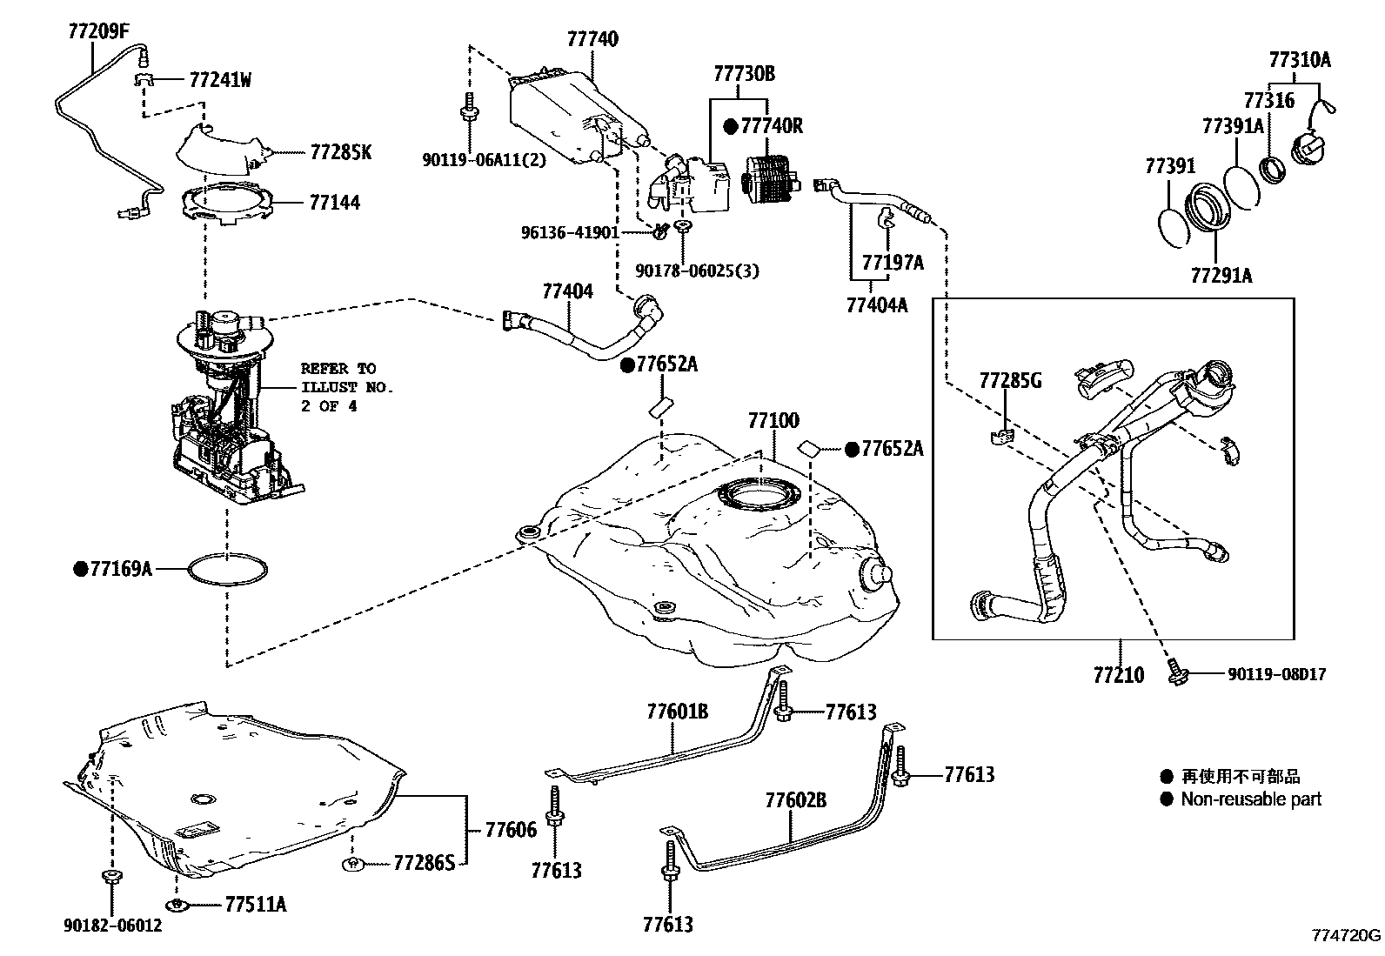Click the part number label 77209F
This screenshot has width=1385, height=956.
tap(99, 31)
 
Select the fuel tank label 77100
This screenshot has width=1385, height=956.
tap(773, 420)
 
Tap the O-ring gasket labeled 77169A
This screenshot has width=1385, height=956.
tap(228, 569)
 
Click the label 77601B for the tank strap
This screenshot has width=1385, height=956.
tap(678, 712)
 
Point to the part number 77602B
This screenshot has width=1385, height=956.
tap(796, 800)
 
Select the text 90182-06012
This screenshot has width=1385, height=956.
tap(112, 925)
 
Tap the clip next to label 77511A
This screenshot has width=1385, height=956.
tap(179, 905)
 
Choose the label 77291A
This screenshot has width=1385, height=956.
tap(1221, 275)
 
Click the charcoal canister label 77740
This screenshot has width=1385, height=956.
tap(592, 39)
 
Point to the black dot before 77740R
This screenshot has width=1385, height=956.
tap(731, 127)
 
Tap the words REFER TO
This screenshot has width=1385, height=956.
tap(338, 369)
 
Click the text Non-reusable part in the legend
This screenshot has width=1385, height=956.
tap(1251, 799)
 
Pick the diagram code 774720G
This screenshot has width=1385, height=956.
tap(1346, 935)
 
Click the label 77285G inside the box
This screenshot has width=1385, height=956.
tap(1010, 380)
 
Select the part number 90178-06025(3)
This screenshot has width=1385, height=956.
tap(697, 271)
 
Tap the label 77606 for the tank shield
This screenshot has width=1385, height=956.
tap(511, 829)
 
